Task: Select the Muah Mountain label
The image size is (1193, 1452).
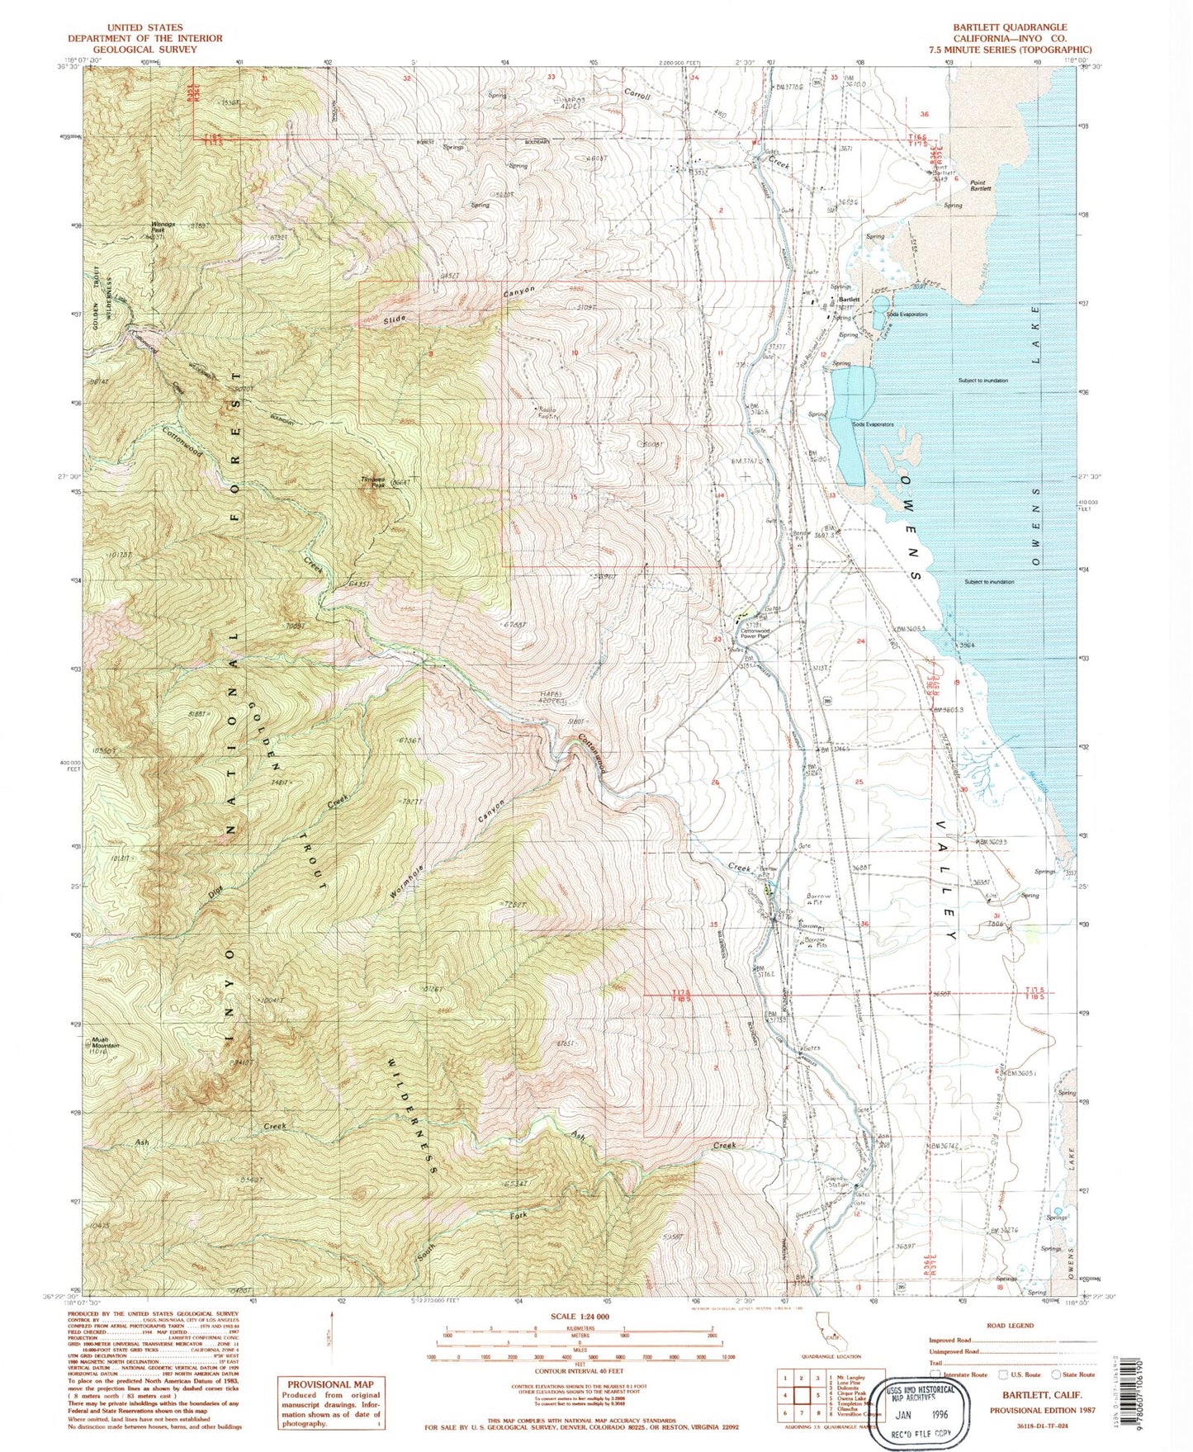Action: (105, 1043)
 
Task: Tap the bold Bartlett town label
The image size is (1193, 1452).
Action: (850, 299)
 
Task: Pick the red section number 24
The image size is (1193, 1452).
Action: (861, 641)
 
